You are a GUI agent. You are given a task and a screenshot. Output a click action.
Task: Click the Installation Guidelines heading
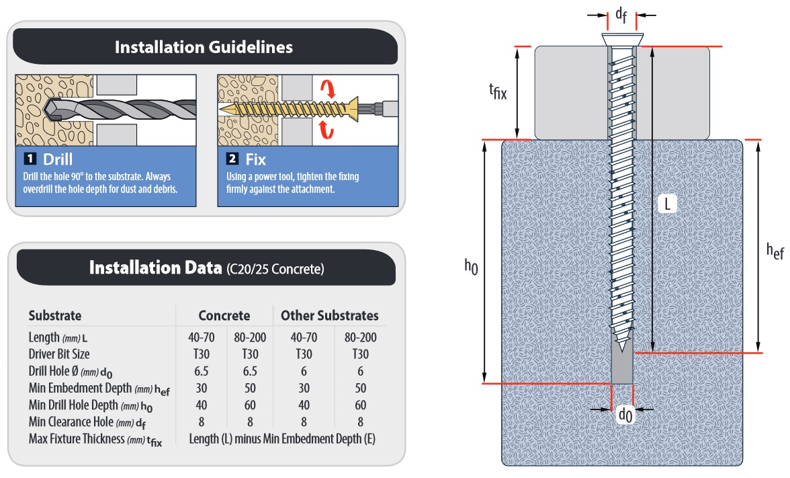pyautogui.click(x=204, y=47)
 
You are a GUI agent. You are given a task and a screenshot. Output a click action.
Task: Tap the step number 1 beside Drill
pyautogui.click(x=30, y=159)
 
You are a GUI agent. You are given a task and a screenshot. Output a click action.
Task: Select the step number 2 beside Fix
pyautogui.click(x=232, y=159)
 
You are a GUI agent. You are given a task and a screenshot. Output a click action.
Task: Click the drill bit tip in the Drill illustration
pyautogui.click(x=48, y=110)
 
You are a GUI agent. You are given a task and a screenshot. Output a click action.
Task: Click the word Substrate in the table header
pyautogui.click(x=55, y=315)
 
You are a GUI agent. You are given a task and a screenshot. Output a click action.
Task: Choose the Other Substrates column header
pyautogui.click(x=329, y=315)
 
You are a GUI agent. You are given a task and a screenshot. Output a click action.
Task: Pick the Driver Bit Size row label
pyautogui.click(x=59, y=354)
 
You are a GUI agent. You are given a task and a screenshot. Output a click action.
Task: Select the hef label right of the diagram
pyautogui.click(x=775, y=251)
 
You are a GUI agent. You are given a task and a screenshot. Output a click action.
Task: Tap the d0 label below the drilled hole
pyautogui.click(x=624, y=415)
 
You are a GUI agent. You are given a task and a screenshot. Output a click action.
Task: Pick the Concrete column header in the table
pyautogui.click(x=224, y=315)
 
